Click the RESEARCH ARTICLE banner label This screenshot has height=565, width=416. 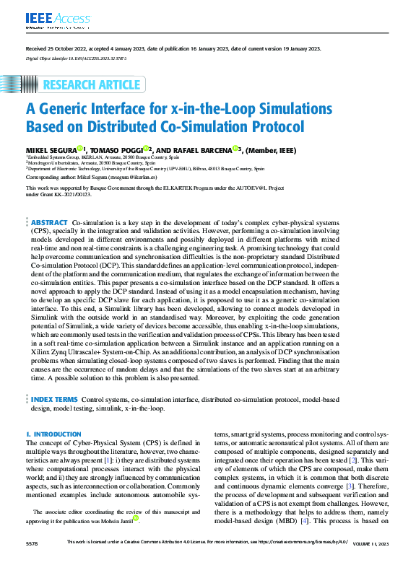(x=91, y=85)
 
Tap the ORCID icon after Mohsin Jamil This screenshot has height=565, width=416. (x=135, y=517)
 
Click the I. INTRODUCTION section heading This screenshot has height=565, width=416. (x=53, y=434)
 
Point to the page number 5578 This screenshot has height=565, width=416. (x=33, y=541)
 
